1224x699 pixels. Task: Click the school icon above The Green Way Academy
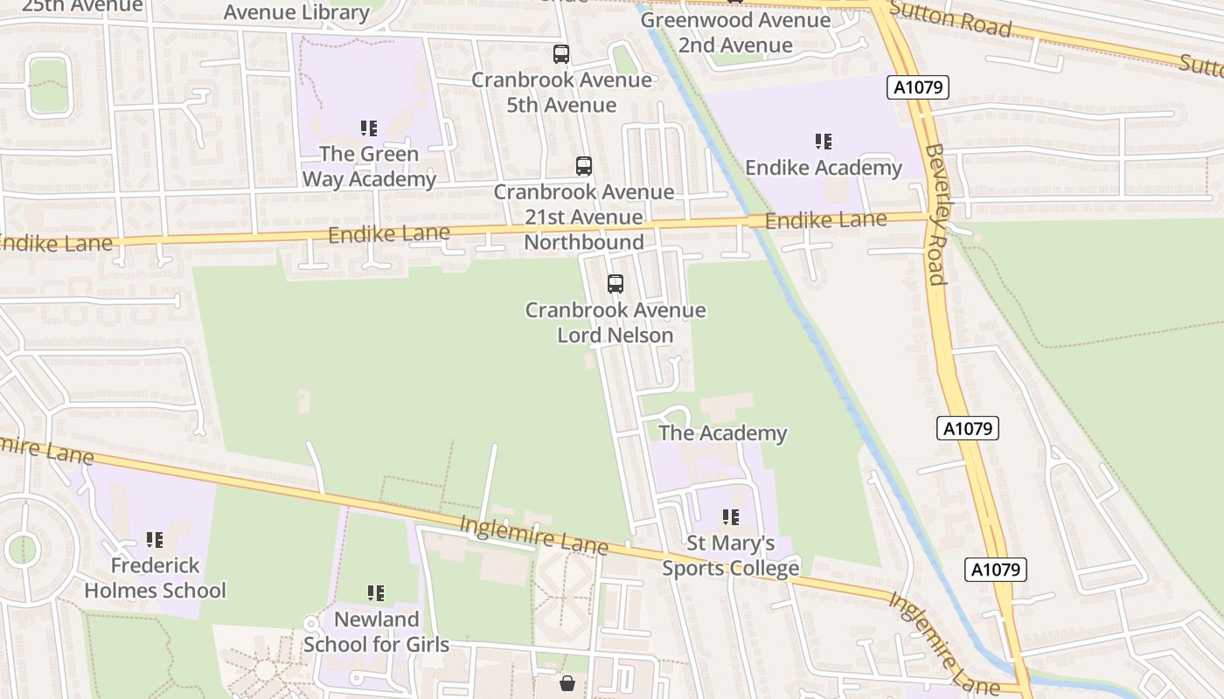[x=369, y=128]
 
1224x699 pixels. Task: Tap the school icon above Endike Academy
[x=823, y=141]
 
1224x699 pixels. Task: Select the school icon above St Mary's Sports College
[x=731, y=517]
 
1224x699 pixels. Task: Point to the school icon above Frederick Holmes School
[x=155, y=540]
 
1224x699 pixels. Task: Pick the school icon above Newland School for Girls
[x=376, y=594]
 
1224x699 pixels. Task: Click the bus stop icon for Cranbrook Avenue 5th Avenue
[x=561, y=54]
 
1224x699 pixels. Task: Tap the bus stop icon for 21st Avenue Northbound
[x=583, y=165]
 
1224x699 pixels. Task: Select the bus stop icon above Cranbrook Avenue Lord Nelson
[x=615, y=284]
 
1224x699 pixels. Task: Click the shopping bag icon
[x=567, y=682]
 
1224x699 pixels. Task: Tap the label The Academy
[x=722, y=433]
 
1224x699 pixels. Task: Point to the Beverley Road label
[x=935, y=214]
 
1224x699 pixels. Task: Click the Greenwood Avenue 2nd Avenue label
[x=735, y=32]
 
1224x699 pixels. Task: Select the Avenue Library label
[x=296, y=12]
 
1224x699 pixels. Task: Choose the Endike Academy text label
[x=823, y=168]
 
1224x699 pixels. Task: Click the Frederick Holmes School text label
[x=155, y=578]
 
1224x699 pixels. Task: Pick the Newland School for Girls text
[x=376, y=633]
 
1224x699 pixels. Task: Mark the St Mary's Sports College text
[x=731, y=556]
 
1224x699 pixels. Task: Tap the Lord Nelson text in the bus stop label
[x=615, y=336]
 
